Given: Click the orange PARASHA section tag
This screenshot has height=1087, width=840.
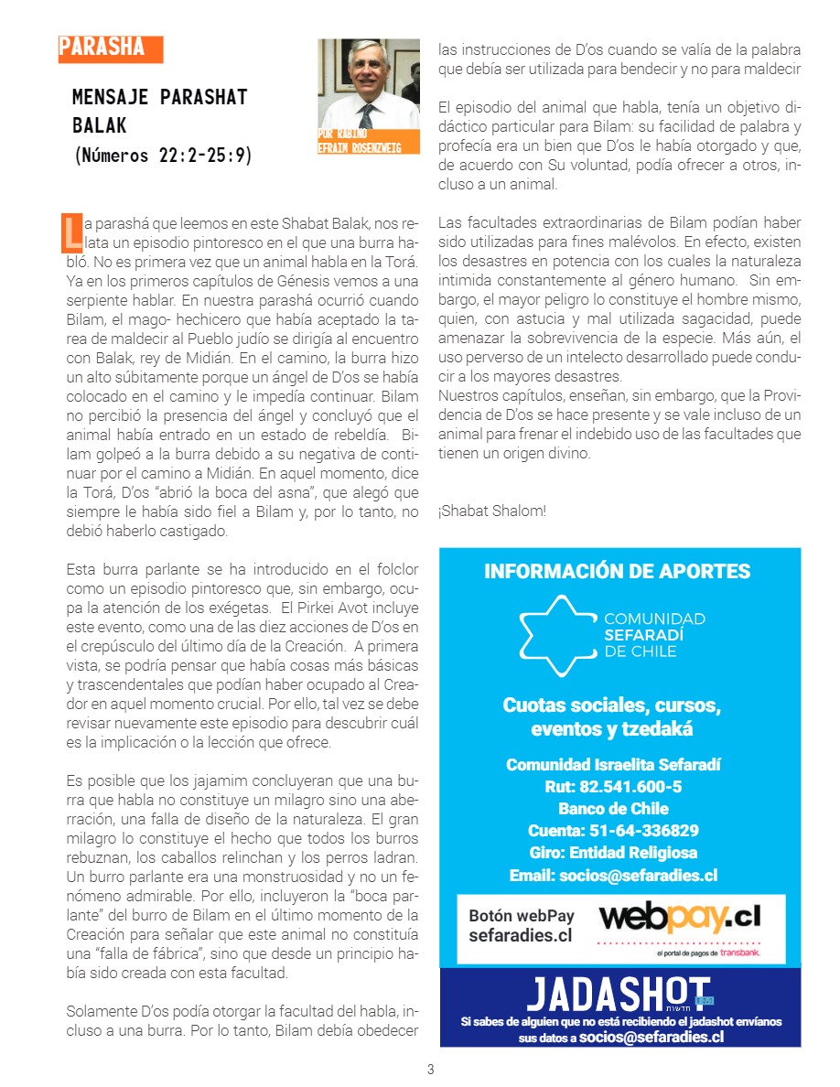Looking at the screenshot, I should [x=109, y=48].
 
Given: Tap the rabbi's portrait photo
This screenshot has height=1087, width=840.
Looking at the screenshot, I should [x=368, y=84].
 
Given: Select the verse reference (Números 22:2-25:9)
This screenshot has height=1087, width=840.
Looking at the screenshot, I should [x=162, y=156].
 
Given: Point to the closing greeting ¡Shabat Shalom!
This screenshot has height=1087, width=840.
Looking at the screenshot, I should [x=491, y=511].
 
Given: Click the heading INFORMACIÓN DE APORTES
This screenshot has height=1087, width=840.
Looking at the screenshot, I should [x=617, y=572].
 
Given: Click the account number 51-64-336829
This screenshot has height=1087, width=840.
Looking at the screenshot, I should [x=613, y=830].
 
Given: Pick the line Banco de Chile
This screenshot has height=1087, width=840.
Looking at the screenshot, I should [x=613, y=808].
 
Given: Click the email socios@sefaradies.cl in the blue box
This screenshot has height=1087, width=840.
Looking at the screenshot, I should [x=613, y=875].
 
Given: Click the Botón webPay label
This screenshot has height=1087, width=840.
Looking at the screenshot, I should [x=521, y=915].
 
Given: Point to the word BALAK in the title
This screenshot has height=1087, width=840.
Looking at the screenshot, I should [x=100, y=125].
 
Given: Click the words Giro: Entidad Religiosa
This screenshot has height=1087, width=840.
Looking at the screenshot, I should [x=613, y=852].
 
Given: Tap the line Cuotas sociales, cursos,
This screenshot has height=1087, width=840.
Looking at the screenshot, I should [x=611, y=705].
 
